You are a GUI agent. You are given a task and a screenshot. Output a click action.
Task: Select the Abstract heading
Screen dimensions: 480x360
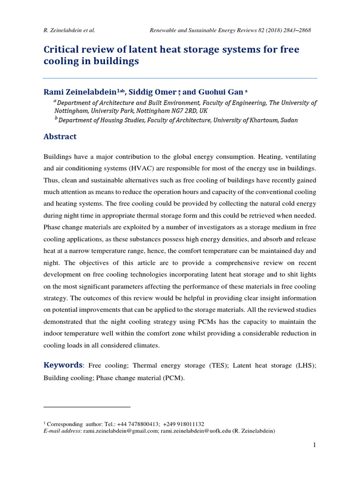pos(60,137)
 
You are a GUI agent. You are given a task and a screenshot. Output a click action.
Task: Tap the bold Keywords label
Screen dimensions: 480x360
pos(63,365)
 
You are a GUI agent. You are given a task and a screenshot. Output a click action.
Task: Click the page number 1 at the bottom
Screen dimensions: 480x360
pos(315,445)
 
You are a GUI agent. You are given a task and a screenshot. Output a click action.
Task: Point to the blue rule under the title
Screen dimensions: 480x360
pos(180,78)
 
